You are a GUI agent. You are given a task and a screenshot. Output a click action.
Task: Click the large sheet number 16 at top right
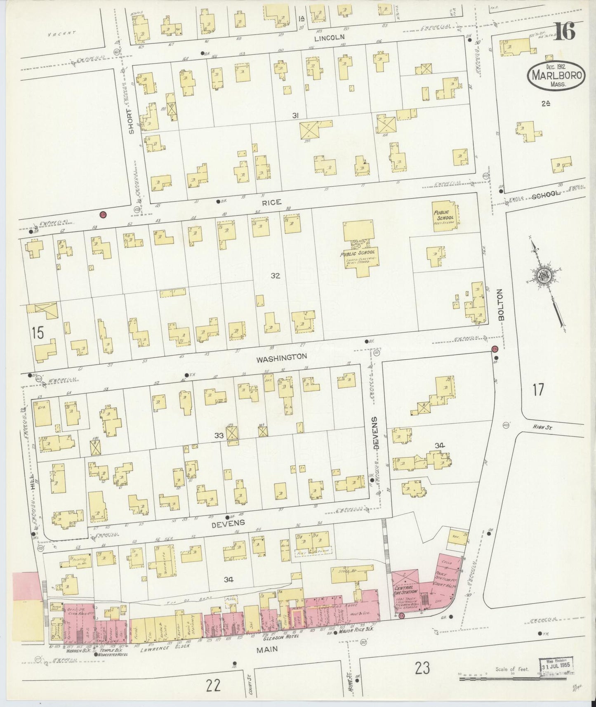tap(564, 32)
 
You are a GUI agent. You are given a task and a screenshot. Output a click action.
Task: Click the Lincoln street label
tap(329, 37)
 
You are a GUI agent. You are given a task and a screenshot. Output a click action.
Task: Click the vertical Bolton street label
tap(501, 304)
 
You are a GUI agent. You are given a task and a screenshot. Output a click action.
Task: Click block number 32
tap(276, 276)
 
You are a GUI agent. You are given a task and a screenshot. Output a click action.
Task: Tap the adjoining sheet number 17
tap(538, 389)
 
